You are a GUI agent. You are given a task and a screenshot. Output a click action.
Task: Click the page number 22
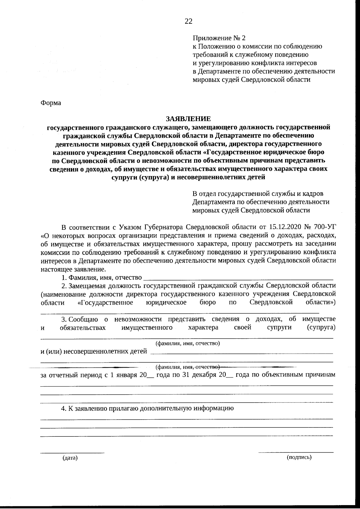(x=188, y=21)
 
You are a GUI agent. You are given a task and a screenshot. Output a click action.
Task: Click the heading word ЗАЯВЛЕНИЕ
(x=188, y=119)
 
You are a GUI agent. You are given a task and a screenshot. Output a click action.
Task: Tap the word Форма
(x=51, y=103)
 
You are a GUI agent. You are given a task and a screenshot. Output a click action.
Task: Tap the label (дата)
(x=70, y=458)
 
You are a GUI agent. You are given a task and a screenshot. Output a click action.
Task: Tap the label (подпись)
(x=299, y=457)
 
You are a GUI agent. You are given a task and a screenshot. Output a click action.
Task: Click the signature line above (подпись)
(x=296, y=452)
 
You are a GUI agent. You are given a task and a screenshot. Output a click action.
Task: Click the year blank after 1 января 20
(x=151, y=377)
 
